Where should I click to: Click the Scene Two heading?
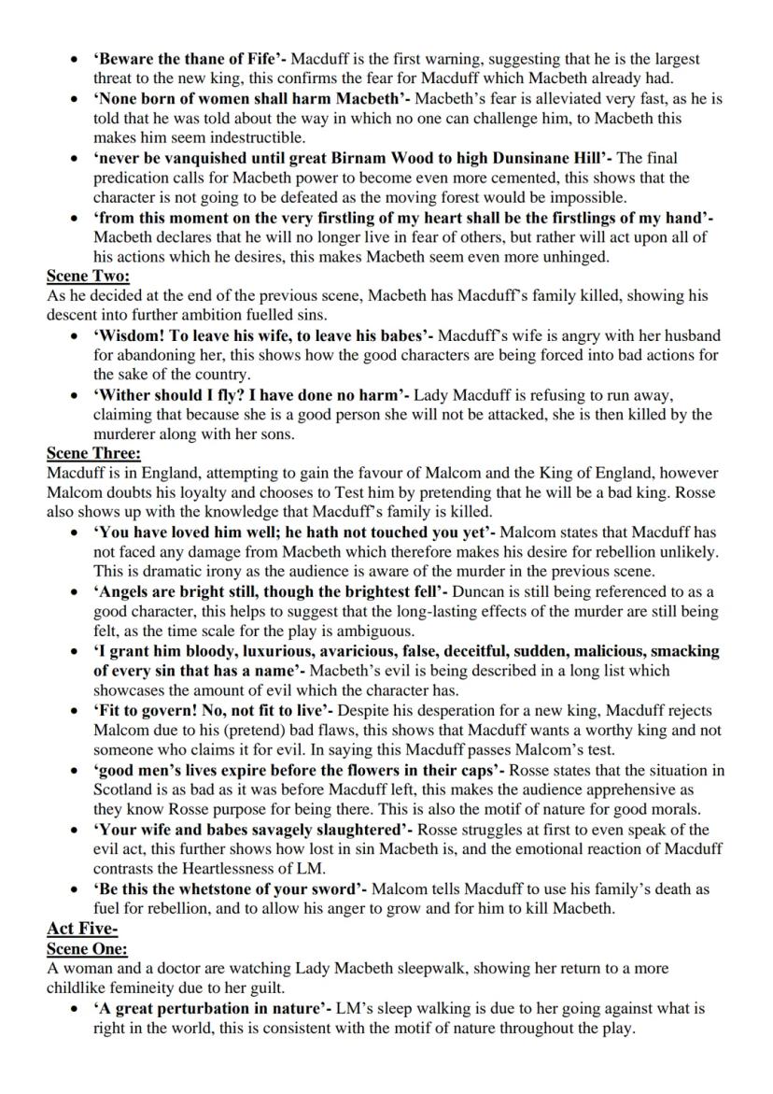click(x=89, y=276)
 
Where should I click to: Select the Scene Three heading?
click(x=93, y=453)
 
